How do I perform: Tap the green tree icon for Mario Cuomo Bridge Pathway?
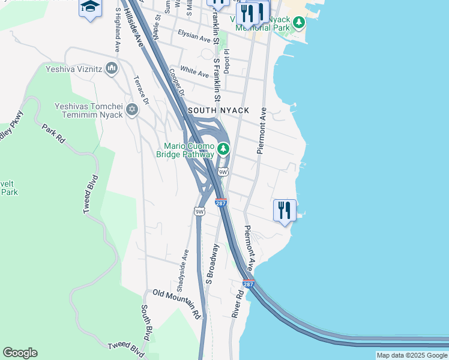click(223, 148)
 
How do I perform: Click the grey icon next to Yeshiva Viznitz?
click(112, 69)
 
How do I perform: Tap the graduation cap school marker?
click(90, 8)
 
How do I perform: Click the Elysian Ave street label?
click(194, 37)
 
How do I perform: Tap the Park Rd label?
click(53, 133)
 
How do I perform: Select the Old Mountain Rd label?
click(176, 302)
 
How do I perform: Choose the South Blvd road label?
click(146, 323)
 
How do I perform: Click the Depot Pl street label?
click(227, 62)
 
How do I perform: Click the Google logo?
click(20, 353)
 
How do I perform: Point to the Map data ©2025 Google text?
click(412, 355)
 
